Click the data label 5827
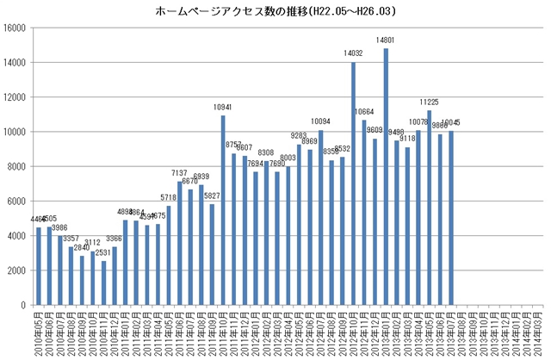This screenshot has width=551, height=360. tap(212, 196)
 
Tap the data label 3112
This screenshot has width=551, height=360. tap(93, 243)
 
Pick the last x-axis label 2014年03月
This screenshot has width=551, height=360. tap(537, 333)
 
